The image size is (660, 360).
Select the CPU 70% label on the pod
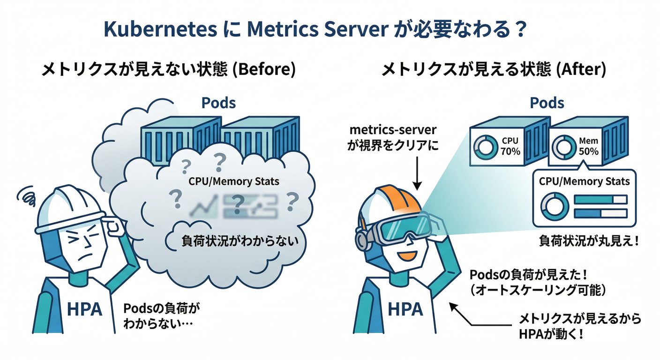tap(510, 145)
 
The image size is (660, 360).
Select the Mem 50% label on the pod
tap(588, 145)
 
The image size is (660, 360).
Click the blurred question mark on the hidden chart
tap(238, 202)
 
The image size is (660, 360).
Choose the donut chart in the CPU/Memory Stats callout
tap(554, 206)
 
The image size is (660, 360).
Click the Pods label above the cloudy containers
tap(218, 103)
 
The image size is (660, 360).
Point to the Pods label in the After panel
tap(547, 103)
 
